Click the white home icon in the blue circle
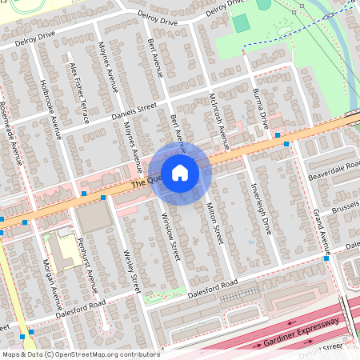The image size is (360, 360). pyautogui.click(x=180, y=172)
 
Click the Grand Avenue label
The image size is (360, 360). pyautogui.click(x=322, y=229)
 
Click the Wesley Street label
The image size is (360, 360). pyautogui.click(x=132, y=272)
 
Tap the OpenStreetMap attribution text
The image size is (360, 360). pyautogui.click(x=80, y=354)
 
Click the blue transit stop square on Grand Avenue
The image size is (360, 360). pyautogui.click(x=326, y=258)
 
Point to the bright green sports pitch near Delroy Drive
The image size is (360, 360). pyautogui.click(x=241, y=23)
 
